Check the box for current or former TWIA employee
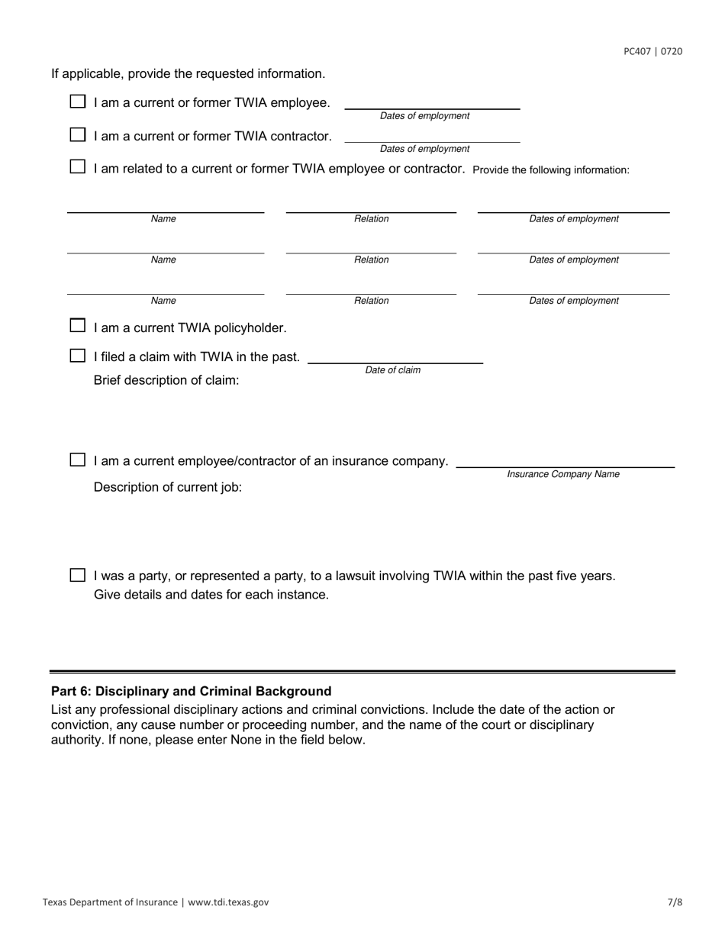(78, 102)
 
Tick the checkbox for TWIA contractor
(78, 135)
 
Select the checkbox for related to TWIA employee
(78, 167)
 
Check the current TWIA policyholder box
(78, 327)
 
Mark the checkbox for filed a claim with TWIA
(78, 356)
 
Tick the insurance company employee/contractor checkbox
(78, 460)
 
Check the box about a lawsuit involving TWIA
(78, 576)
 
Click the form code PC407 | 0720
(652, 52)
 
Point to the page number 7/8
(675, 902)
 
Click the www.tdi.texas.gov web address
(228, 902)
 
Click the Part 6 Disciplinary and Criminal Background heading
(192, 691)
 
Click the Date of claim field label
(392, 370)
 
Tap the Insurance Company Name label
(563, 475)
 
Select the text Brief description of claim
(166, 380)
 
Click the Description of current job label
(168, 487)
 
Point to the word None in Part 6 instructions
(247, 740)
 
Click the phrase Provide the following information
(551, 169)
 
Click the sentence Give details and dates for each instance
(211, 595)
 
